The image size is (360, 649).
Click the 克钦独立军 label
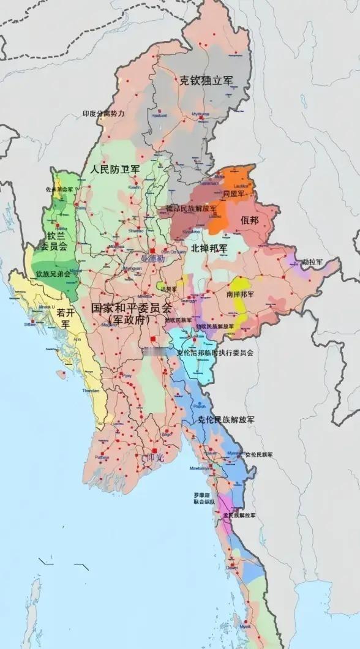pyautogui.click(x=206, y=80)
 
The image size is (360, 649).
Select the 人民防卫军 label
pyautogui.click(x=114, y=168)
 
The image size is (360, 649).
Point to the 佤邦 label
pyautogui.click(x=250, y=220)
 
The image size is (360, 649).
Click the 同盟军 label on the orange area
pyautogui.click(x=234, y=194)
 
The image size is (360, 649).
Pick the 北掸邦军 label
pyautogui.click(x=209, y=248)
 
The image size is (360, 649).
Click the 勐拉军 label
pyautogui.click(x=324, y=262)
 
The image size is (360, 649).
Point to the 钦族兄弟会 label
pyautogui.click(x=53, y=274)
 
